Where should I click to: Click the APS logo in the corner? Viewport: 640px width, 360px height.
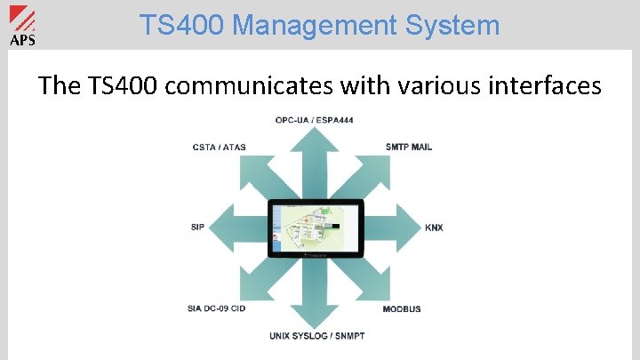click(21, 26)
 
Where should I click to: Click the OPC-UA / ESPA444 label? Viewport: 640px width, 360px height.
click(314, 120)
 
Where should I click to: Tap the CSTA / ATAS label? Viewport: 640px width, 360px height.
click(220, 147)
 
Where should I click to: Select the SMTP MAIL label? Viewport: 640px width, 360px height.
click(409, 147)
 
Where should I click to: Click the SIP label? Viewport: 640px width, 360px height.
click(197, 228)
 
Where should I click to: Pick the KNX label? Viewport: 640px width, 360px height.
click(434, 228)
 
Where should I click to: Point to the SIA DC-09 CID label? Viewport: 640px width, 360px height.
click(216, 308)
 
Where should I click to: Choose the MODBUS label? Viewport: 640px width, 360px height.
click(402, 308)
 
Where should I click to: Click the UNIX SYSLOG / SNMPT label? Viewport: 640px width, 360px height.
click(316, 335)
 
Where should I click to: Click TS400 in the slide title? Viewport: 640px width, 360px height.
click(175, 26)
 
